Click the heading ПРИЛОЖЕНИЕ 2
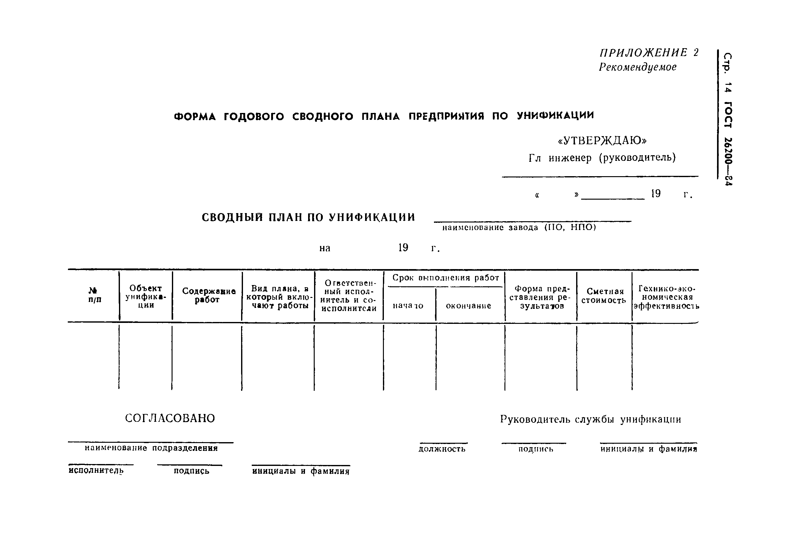[x=649, y=53]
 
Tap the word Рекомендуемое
[x=637, y=67]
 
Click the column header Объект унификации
[x=146, y=297]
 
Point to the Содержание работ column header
[x=208, y=295]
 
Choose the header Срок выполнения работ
[x=445, y=278]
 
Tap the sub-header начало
[x=408, y=306]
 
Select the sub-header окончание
[x=468, y=306]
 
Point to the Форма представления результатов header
[x=541, y=297]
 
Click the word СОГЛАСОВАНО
[x=170, y=418]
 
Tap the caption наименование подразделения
[x=151, y=448]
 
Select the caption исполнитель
[x=96, y=471]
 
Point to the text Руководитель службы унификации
[x=591, y=419]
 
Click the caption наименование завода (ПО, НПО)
[x=519, y=228]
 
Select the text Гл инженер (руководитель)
[x=602, y=158]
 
